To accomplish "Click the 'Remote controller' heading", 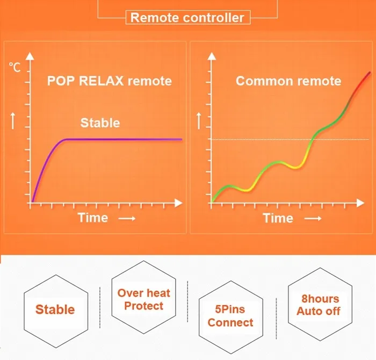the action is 187,18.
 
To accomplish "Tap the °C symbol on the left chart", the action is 15,67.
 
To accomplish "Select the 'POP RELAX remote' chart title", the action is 110,81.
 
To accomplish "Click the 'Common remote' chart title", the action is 288,81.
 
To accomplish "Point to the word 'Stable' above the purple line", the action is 100,123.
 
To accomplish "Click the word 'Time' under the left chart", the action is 93,218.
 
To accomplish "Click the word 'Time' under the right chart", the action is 278,218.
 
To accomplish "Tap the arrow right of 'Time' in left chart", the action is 127,219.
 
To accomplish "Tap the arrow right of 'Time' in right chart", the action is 313,218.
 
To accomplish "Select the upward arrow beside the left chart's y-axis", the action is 13,121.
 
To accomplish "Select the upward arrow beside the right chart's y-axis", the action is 199,121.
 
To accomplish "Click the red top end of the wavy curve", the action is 370,73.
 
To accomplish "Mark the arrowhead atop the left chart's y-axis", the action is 30,56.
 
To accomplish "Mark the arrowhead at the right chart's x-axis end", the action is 360,203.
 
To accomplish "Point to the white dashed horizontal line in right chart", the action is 290,139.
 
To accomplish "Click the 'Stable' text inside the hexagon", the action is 55,309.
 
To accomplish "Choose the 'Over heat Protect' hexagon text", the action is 144,299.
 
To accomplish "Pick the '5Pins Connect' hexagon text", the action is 230,316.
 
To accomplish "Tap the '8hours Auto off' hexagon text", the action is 319,305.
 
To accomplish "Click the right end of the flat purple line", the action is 181,139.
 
